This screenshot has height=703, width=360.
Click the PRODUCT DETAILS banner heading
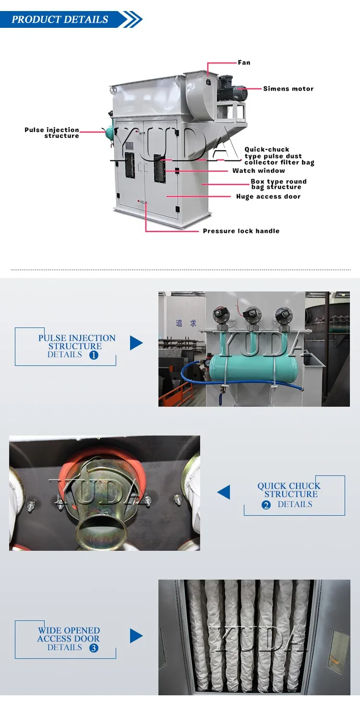tap(60, 20)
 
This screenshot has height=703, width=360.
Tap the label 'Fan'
tap(244, 62)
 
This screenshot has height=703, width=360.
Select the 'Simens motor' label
tap(288, 89)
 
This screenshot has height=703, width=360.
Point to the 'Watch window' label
tap(259, 170)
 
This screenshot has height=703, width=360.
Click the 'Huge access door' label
tap(268, 196)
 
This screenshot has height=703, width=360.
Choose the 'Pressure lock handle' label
tap(241, 231)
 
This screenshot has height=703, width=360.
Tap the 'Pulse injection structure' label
tap(52, 133)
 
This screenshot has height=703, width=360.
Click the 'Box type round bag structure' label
tap(278, 184)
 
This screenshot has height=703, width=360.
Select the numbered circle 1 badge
tap(94, 355)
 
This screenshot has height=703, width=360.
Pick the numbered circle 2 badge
tap(266, 505)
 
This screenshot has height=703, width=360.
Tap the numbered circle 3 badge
tap(94, 648)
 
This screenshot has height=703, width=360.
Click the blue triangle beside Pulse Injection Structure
tap(136, 343)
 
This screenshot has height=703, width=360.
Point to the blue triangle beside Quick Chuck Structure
tap(224, 492)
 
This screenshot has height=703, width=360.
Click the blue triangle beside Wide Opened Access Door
tap(136, 636)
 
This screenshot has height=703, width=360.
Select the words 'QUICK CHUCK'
tap(289, 486)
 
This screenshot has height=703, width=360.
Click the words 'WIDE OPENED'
tap(69, 630)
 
